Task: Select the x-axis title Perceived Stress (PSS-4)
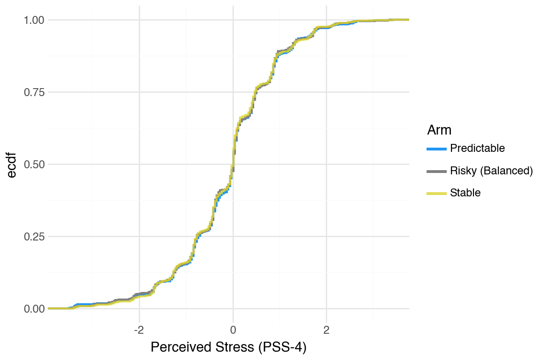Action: [x=228, y=348]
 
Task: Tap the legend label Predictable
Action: [x=477, y=149]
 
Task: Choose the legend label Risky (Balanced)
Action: [x=491, y=171]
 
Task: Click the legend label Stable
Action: [x=465, y=193]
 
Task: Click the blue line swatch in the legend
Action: [x=436, y=149]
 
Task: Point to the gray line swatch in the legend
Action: [x=436, y=171]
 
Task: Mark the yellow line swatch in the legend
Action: [x=436, y=193]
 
